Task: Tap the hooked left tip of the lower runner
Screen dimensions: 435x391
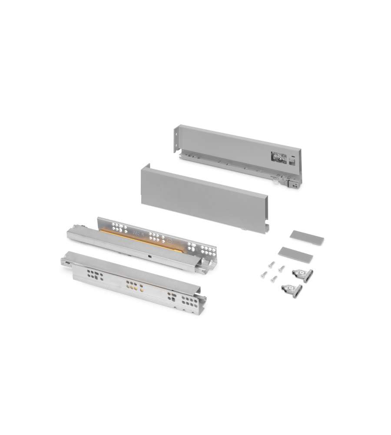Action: [64, 262]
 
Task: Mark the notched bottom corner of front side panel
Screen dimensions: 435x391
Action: [263, 230]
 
